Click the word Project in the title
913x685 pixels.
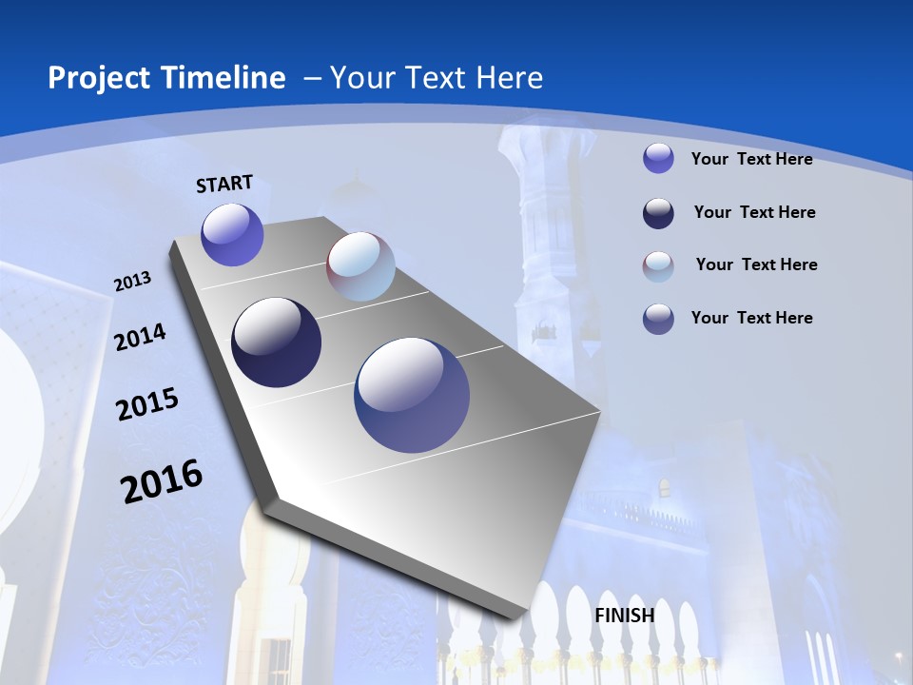point(93,78)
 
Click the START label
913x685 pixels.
point(224,184)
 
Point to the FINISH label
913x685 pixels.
point(625,616)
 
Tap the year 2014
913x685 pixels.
point(140,338)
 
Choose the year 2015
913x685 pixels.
point(147,404)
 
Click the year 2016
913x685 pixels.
point(162,481)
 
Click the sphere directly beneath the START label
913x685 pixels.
point(232,235)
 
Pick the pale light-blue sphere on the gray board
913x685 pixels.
point(360,266)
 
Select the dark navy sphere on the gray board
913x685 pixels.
point(277,342)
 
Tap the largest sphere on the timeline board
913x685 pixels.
point(412,395)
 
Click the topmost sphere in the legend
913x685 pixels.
point(658,158)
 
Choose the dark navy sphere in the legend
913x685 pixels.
point(658,213)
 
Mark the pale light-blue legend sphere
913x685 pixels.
point(658,266)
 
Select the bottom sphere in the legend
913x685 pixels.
point(658,319)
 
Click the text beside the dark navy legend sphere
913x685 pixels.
point(754,212)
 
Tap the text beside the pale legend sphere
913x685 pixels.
point(756,264)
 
